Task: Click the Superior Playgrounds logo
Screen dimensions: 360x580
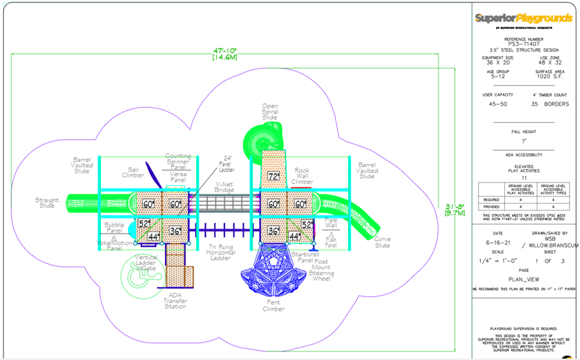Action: click(523, 19)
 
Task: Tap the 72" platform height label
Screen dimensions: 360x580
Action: click(274, 176)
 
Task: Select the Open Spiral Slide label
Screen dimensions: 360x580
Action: click(270, 112)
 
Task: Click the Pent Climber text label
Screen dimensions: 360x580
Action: click(273, 306)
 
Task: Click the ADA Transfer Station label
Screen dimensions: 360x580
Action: click(175, 301)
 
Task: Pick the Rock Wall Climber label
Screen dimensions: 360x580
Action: click(302, 176)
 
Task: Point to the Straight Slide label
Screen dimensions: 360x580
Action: click(47, 203)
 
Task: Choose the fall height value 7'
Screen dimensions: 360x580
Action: click(523, 141)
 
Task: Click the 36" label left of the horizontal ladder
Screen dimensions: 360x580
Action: click(175, 231)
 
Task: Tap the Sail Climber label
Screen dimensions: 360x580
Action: click(132, 175)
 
